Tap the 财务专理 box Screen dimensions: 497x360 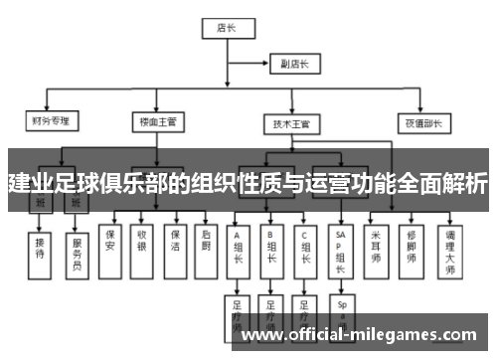(48, 122)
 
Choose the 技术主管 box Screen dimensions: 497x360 (290, 124)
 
